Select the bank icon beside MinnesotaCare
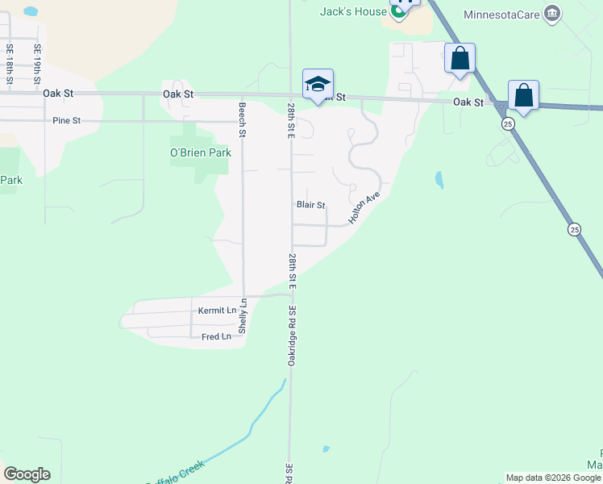(552, 14)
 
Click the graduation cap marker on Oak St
(318, 84)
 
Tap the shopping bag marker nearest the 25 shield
(523, 95)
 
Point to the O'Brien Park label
(200, 152)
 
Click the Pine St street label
(66, 121)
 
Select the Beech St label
(241, 119)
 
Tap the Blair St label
(310, 205)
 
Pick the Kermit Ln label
(217, 311)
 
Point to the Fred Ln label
(216, 336)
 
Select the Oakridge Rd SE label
(293, 335)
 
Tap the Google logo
(27, 474)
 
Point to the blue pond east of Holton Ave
(439, 179)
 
